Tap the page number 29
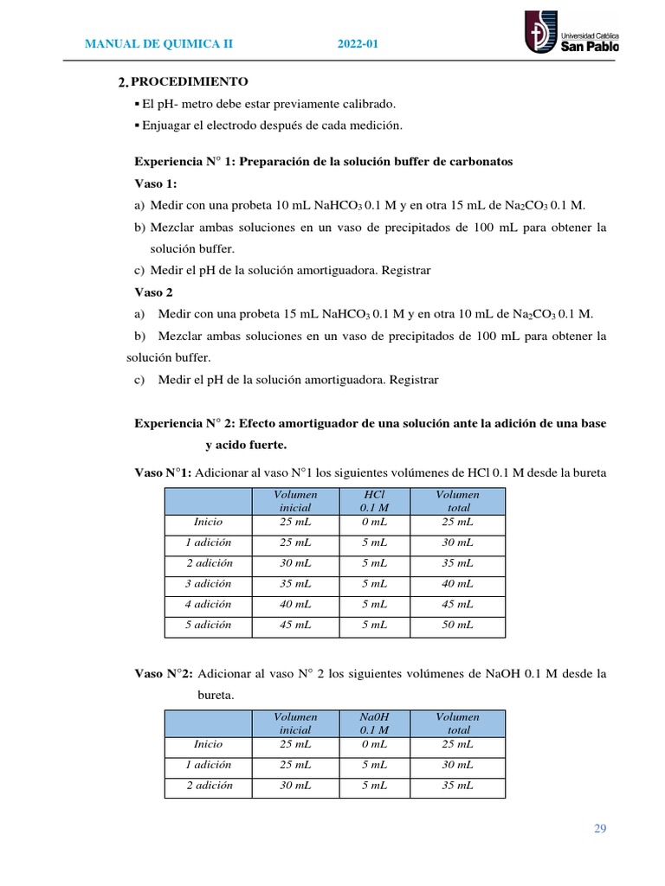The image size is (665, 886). (x=600, y=829)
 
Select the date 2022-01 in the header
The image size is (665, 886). (x=358, y=44)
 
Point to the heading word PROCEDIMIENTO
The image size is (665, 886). (x=190, y=82)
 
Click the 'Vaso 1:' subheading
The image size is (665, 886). (x=156, y=183)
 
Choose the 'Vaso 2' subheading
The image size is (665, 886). (x=154, y=292)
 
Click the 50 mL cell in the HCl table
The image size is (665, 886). (x=457, y=625)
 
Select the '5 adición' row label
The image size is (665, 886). (x=208, y=625)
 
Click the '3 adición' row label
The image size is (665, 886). (x=208, y=583)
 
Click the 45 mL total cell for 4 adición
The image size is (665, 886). (x=457, y=604)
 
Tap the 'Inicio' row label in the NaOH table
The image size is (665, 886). (x=208, y=744)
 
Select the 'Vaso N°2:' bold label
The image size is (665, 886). (x=165, y=673)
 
